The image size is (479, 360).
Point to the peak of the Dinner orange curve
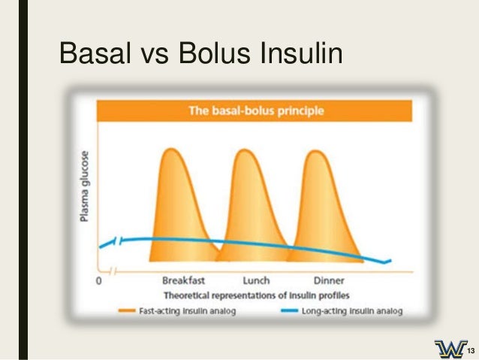tap(315, 150)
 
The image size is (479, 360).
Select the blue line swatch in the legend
tap(288, 310)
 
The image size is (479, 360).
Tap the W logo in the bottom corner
tap(450, 349)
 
